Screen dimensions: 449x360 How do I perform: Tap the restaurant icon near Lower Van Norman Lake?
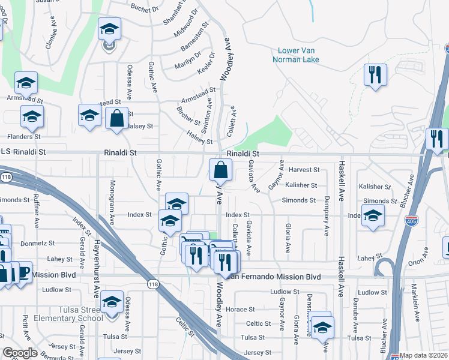pyautogui.click(x=375, y=75)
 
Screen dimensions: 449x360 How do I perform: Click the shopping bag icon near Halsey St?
pyautogui.click(x=116, y=118)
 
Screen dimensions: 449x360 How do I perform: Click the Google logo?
pyautogui.click(x=20, y=353)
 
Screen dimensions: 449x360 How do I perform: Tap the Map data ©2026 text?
pyautogui.click(x=423, y=355)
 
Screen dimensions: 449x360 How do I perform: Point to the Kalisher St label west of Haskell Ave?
pyautogui.click(x=301, y=185)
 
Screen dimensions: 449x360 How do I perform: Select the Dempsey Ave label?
pyautogui.click(x=327, y=221)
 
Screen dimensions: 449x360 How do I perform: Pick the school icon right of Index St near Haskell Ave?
pyautogui.click(x=373, y=218)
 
